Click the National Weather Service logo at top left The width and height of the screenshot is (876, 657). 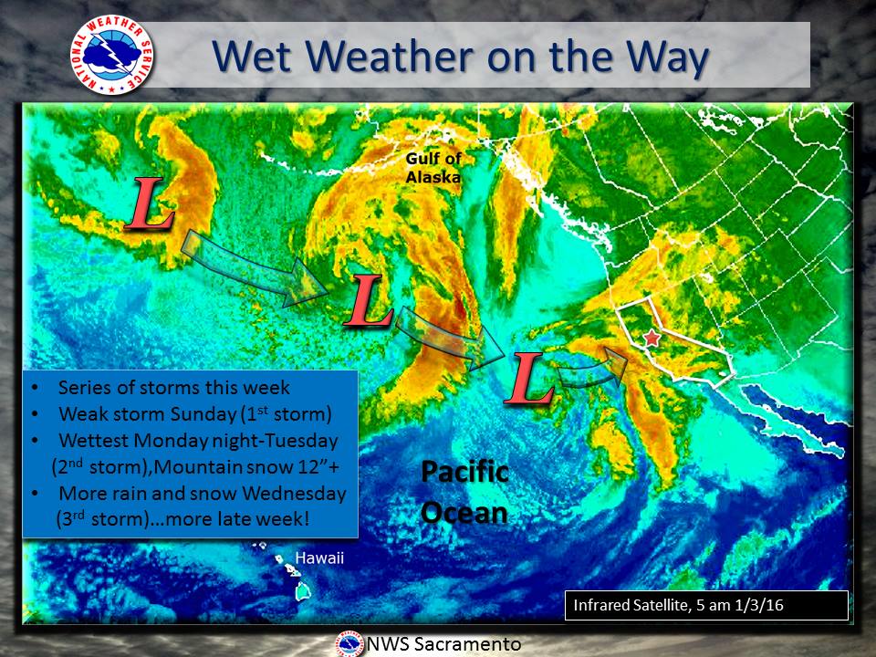coord(111,54)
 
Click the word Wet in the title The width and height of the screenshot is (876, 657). coord(252,57)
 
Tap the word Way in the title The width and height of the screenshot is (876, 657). coord(667,57)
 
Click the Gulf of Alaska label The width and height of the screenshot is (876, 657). coord(433,168)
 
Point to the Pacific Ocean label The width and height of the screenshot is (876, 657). coord(464,492)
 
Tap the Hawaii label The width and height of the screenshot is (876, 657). coord(319,558)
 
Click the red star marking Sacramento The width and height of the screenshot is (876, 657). coord(652,338)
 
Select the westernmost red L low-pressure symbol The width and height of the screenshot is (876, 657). coord(150,203)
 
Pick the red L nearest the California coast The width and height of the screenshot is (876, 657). coord(528,378)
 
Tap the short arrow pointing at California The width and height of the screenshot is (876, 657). coord(592,370)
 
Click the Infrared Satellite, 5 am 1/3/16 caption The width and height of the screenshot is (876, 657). coord(678,605)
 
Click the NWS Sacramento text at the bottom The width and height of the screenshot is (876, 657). coord(443,644)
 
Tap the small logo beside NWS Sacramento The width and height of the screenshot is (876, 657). coord(350,644)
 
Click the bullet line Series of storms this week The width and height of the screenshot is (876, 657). coord(173,387)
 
